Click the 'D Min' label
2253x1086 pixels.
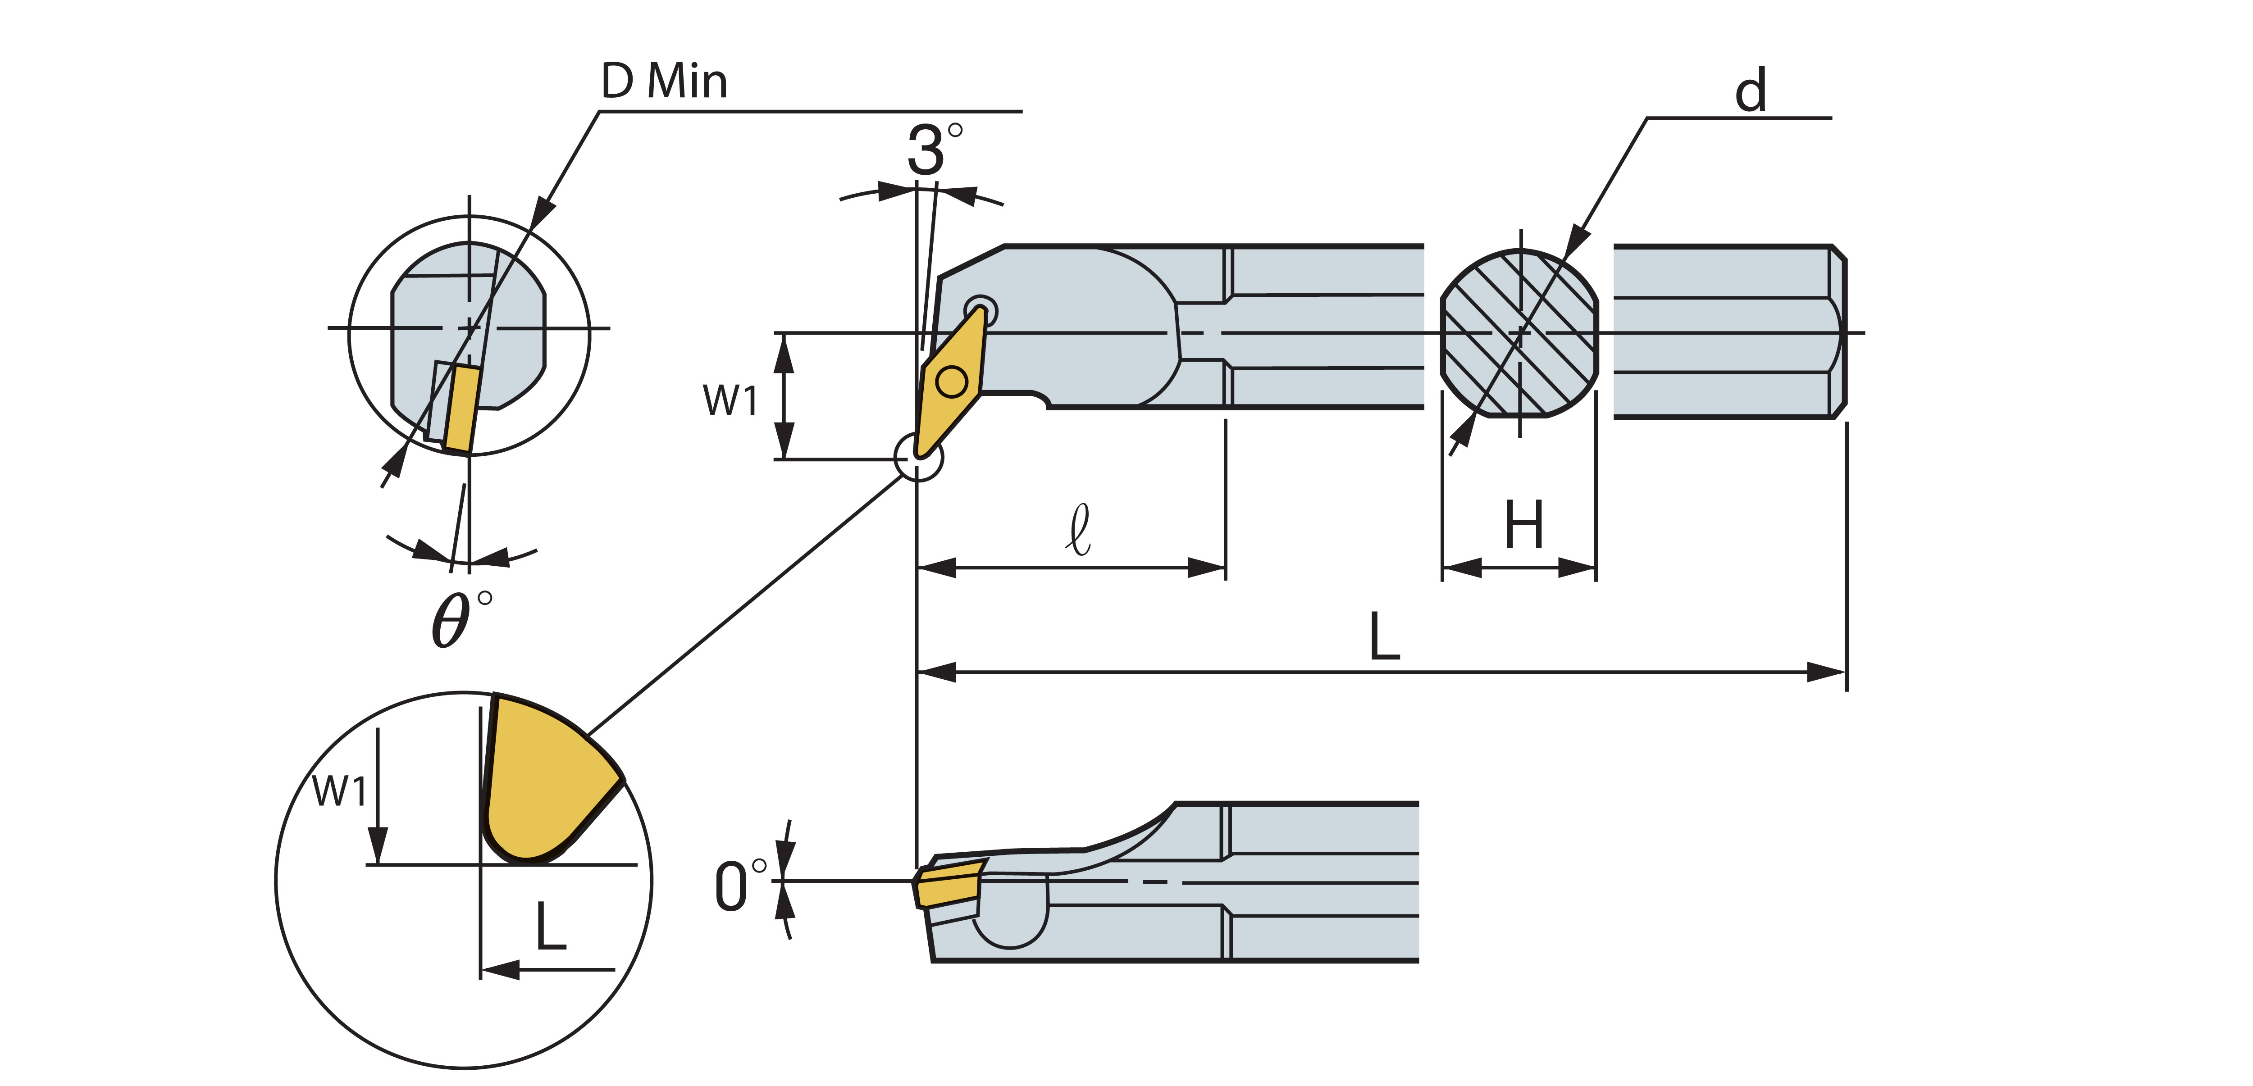coord(664,82)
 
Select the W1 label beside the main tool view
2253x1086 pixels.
coord(730,400)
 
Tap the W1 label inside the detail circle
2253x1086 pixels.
coord(339,791)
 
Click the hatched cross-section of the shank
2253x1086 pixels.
coord(1519,333)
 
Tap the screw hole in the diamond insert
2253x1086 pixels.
coord(952,381)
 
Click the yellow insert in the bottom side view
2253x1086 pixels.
coord(946,883)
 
